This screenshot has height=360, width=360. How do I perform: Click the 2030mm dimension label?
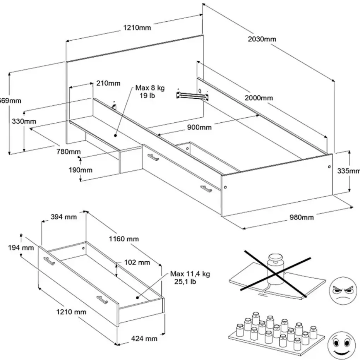262,39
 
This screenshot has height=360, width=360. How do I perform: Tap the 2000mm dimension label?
259,98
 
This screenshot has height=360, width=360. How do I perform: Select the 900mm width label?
200,127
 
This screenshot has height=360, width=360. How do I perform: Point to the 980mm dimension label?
302,217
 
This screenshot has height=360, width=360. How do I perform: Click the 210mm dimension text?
108,83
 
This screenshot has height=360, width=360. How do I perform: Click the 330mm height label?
24,121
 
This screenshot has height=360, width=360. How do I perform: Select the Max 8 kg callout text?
146,91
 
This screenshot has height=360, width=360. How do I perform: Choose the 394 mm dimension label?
64,217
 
